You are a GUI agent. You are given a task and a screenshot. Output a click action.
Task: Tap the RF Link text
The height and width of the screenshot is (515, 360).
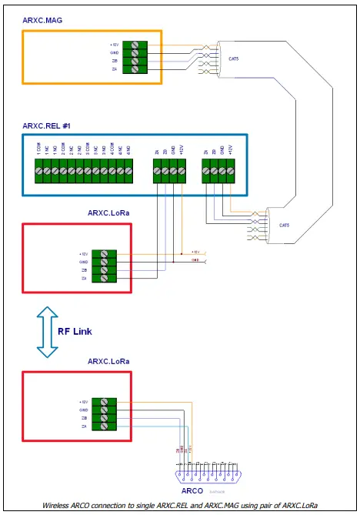[76, 332]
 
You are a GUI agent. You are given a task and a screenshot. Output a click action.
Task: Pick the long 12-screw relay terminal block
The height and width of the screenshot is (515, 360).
[87, 169]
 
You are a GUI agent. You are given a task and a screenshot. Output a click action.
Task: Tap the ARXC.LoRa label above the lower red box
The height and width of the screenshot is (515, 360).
[108, 360]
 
